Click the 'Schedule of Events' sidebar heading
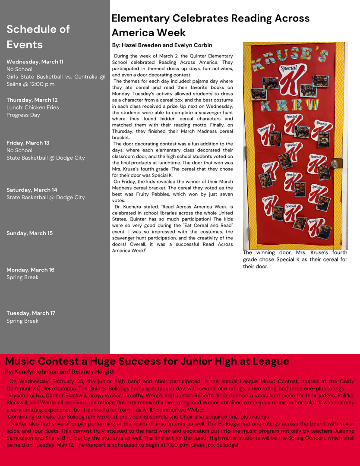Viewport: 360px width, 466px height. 38,37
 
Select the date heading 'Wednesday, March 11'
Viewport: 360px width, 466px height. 35,62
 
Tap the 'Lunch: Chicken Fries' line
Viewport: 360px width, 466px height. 33,107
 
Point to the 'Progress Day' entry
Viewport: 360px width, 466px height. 23,115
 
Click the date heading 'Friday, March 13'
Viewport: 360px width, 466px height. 28,143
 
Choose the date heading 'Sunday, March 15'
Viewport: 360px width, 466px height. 29,233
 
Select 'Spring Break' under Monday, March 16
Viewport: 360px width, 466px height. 22,277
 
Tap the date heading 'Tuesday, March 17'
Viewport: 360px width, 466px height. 31,313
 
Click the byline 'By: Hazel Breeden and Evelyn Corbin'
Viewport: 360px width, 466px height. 162,45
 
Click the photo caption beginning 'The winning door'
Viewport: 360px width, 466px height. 295,259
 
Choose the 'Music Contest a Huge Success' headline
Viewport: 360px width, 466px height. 147,361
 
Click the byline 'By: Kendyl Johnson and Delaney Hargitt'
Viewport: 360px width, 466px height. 60,372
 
